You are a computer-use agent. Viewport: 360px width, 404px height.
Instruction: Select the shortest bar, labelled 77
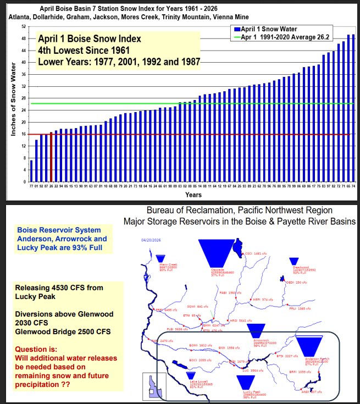coord(31,171)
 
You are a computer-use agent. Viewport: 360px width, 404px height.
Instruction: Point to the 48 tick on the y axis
coord(23,38)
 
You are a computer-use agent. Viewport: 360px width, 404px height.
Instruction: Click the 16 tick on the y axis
coord(23,134)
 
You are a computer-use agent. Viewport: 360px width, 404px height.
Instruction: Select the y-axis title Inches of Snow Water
coord(12,105)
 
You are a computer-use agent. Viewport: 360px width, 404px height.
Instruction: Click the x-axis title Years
coord(193,195)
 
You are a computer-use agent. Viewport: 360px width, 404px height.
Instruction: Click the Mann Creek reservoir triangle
coord(160,259)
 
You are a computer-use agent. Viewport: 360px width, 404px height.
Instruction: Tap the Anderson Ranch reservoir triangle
coord(313,346)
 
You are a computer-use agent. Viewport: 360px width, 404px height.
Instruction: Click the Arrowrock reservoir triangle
coord(256,331)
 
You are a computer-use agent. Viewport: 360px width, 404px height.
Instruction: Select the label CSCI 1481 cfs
coord(255,253)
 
